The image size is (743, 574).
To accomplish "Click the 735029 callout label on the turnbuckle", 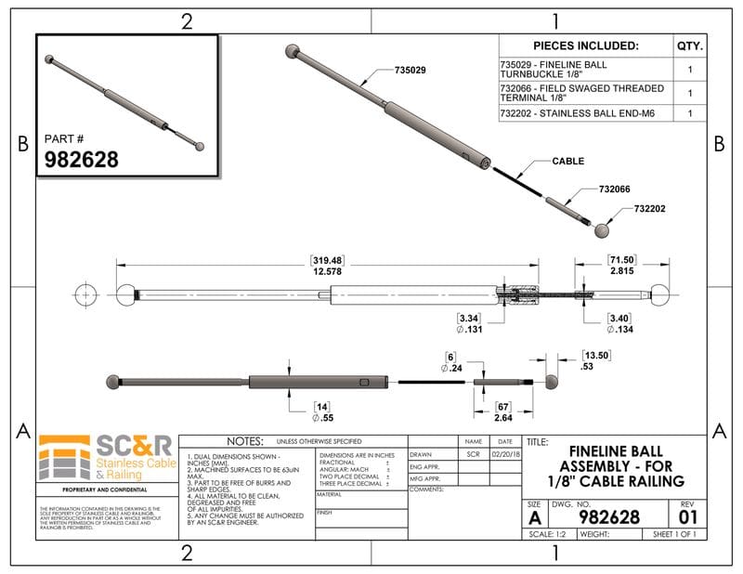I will coord(410,71).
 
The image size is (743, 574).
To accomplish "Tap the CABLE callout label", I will coord(567,161).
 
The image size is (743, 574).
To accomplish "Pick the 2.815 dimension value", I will coord(621,271).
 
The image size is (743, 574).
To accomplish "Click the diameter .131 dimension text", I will coord(467,329).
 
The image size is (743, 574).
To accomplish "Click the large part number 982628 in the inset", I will coord(82,159).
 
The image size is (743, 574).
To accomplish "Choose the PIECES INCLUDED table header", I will coord(585,46).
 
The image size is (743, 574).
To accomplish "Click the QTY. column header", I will coord(689,46).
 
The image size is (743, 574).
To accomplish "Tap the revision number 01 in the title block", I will coord(687,515).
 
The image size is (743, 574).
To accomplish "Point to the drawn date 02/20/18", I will coord(505,455).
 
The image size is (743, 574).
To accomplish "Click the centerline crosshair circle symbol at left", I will coord(86,293).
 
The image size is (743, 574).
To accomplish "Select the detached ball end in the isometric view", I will coord(604,229).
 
